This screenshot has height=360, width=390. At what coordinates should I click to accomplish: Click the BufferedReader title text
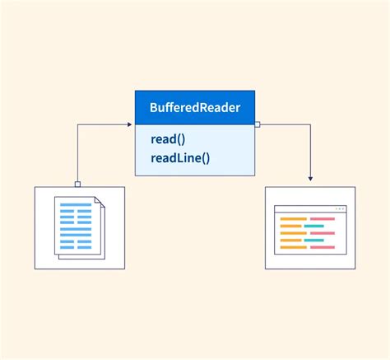pos(194,108)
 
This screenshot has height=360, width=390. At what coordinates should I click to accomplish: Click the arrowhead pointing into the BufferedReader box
pos(129,125)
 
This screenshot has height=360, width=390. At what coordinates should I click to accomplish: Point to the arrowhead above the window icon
pos(310,177)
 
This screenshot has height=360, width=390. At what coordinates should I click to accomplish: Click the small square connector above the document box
pos(77,184)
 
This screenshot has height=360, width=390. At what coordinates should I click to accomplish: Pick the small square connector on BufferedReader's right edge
pos(258,125)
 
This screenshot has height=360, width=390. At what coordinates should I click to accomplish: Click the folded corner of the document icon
pos(98,202)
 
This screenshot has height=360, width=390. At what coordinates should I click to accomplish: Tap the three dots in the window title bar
pos(341,209)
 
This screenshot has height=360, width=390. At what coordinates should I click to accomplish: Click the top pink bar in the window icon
pos(323,219)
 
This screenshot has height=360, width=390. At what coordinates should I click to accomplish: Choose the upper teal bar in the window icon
pos(313,226)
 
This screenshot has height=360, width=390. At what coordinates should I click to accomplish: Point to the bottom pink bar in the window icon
pos(323,246)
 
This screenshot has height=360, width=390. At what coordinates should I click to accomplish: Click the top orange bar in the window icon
pos(294,219)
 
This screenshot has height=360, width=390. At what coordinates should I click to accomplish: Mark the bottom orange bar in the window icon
pos(294,246)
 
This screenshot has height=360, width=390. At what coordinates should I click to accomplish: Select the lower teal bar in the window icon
pos(313,240)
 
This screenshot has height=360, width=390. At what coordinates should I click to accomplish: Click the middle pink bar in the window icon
pos(323,233)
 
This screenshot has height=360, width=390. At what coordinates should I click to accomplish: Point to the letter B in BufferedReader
pos(154,108)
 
